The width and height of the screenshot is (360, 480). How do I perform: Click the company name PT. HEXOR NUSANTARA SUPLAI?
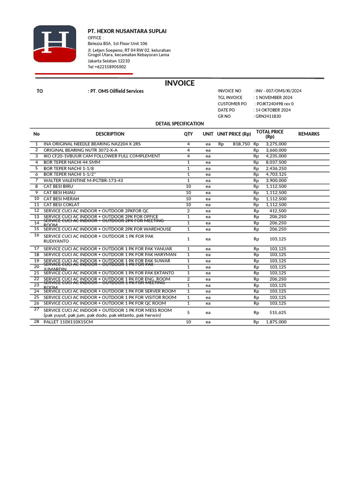(127, 31)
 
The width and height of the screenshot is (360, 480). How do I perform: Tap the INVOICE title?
(180, 83)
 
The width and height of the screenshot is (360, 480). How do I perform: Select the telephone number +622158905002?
(107, 67)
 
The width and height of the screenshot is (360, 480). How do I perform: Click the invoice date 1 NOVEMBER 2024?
(274, 97)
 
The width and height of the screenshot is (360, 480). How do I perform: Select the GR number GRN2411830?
(268, 116)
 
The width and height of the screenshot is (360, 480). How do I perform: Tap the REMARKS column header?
(309, 134)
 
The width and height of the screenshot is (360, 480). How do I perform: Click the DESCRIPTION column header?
(110, 134)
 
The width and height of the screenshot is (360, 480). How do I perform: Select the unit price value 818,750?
(241, 144)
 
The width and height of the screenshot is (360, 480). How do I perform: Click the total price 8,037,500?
(276, 162)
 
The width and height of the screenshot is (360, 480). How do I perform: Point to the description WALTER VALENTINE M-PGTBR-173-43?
(83, 180)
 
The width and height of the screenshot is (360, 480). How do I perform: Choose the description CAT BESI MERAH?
(61, 199)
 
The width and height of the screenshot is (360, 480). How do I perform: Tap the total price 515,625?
(278, 312)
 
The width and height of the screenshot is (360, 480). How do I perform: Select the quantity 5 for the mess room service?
(188, 312)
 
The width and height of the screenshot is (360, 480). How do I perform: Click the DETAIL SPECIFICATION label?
(180, 124)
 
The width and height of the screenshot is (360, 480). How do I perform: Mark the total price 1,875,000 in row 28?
(276, 322)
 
